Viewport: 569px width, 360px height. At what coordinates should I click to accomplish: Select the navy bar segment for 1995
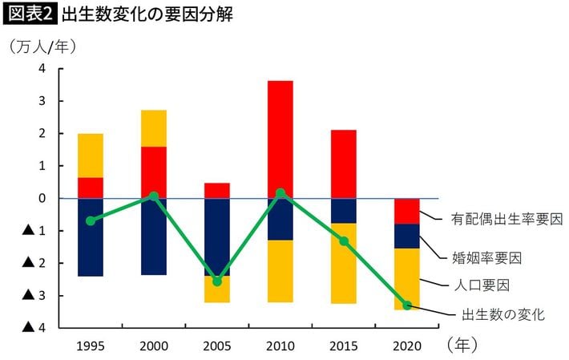(x=91, y=237)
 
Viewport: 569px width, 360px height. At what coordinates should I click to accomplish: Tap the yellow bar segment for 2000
(x=153, y=128)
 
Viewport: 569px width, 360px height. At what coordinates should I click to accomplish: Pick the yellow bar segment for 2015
(x=343, y=263)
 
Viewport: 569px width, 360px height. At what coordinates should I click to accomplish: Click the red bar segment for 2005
(x=216, y=190)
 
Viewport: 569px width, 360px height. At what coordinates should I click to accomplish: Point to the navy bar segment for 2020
(x=406, y=236)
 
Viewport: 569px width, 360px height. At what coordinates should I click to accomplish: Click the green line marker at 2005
(x=216, y=281)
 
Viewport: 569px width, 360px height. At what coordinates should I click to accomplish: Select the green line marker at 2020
(x=406, y=305)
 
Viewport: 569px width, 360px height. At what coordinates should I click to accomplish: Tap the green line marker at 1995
(x=91, y=220)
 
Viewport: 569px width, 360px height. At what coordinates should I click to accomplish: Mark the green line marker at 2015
(x=343, y=241)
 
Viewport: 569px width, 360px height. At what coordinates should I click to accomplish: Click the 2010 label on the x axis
(x=280, y=346)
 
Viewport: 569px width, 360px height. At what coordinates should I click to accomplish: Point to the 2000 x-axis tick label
(x=153, y=346)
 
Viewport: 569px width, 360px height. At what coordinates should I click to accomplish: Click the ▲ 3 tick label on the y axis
(x=34, y=295)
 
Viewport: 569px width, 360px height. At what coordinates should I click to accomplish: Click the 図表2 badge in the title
(x=30, y=14)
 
